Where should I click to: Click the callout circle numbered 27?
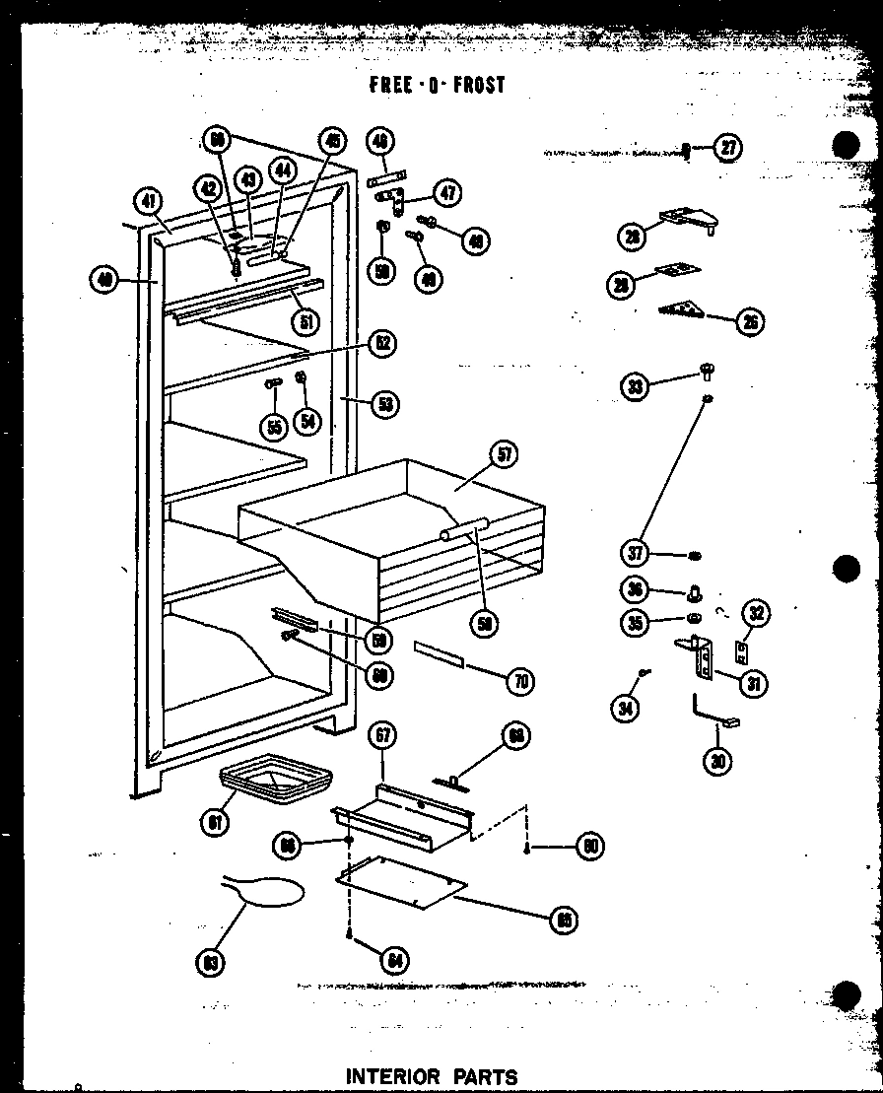pyautogui.click(x=727, y=149)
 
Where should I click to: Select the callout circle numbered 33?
pyautogui.click(x=636, y=386)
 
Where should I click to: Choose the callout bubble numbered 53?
pyautogui.click(x=385, y=402)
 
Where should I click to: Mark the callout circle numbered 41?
pyautogui.click(x=148, y=202)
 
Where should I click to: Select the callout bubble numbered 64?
pyautogui.click(x=395, y=959)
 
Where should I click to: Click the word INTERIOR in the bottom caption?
pyautogui.click(x=392, y=1076)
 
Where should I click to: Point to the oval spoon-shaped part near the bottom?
pyautogui.click(x=271, y=891)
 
